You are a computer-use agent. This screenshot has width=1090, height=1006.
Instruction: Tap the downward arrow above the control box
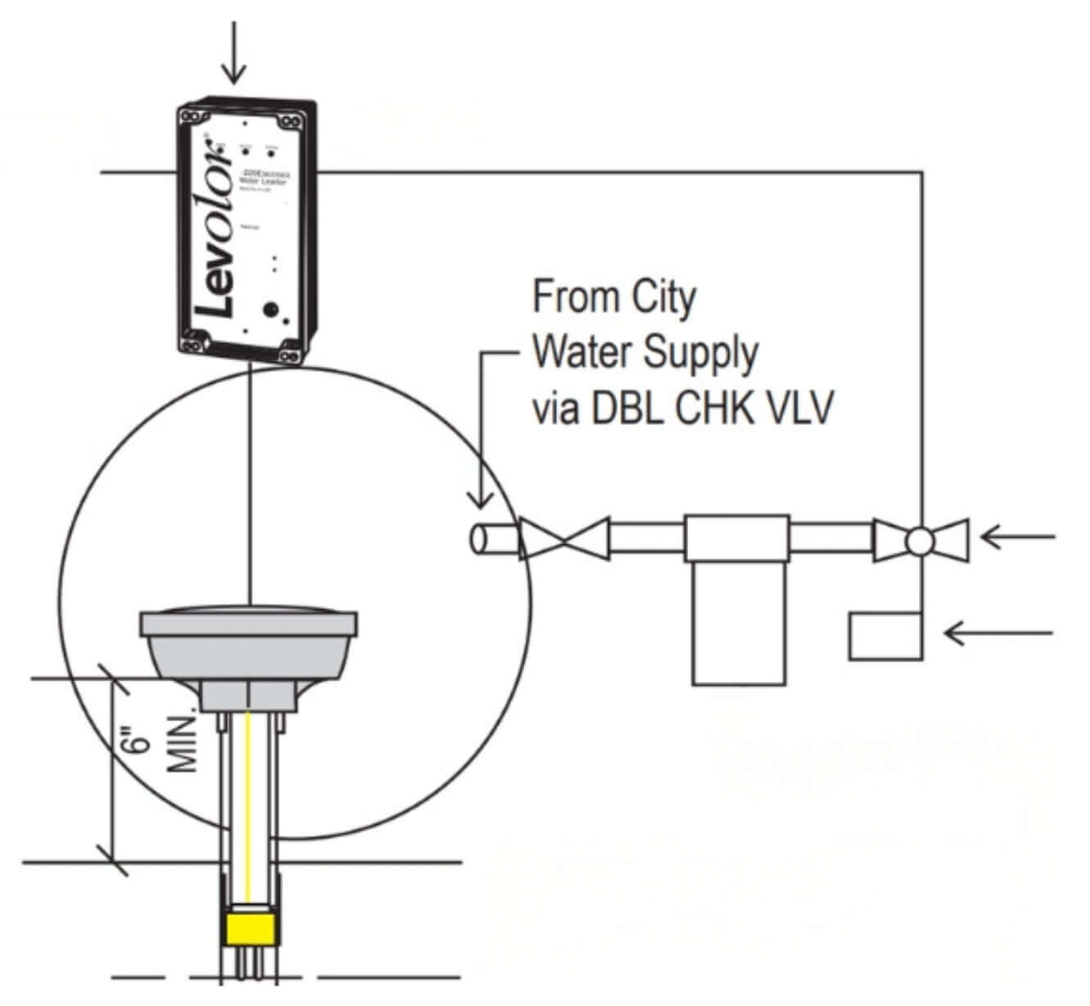(x=235, y=53)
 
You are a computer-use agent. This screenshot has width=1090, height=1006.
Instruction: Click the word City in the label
(x=663, y=296)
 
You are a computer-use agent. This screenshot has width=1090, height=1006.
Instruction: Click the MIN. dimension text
(x=183, y=745)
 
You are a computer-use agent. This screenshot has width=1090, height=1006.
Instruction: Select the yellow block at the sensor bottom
(x=251, y=929)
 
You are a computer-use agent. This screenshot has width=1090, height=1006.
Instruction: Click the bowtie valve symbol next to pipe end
(x=563, y=539)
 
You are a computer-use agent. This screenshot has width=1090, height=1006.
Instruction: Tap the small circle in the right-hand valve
(x=920, y=540)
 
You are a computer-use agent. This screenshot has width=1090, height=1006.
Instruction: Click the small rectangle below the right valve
(x=884, y=636)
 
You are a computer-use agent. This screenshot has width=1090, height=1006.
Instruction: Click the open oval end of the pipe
(x=478, y=539)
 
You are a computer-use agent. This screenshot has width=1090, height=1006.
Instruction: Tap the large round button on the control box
(x=269, y=310)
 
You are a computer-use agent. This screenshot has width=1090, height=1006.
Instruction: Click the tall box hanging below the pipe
(x=738, y=623)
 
